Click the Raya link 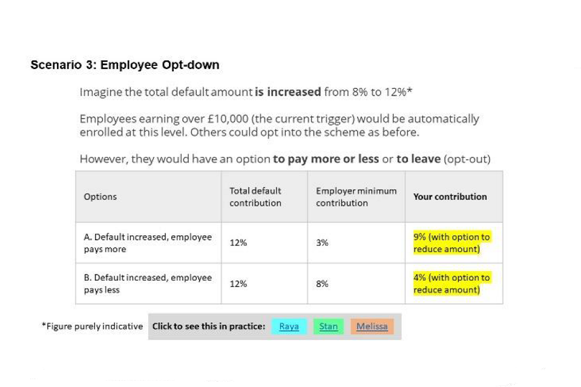(x=289, y=327)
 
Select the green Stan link (x=328, y=327)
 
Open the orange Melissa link (x=372, y=327)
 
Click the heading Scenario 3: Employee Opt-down (x=125, y=65)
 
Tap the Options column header (x=100, y=197)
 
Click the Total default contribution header (x=255, y=197)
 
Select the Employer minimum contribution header (x=356, y=197)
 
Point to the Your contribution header (x=450, y=197)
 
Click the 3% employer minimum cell (x=322, y=242)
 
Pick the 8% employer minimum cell (x=322, y=283)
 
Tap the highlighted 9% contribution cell (x=451, y=242)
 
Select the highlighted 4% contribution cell (x=451, y=284)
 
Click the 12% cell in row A (x=238, y=242)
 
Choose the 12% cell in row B (x=238, y=283)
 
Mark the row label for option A (x=147, y=242)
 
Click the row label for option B (x=147, y=283)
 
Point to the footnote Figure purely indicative (x=92, y=327)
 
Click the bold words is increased (x=287, y=93)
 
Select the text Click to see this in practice (x=208, y=327)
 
